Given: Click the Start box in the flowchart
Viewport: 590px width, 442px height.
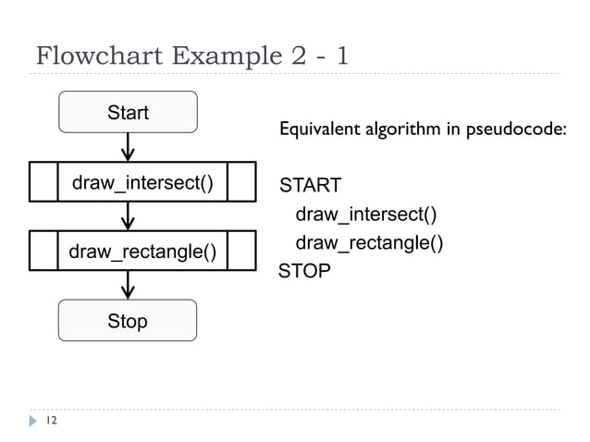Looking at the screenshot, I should coord(128,113).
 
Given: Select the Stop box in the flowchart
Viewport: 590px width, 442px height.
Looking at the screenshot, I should coord(128,321).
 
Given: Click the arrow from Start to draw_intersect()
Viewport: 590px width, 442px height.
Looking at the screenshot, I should coord(128,146).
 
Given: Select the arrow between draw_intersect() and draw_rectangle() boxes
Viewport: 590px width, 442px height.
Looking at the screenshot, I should coord(128,216).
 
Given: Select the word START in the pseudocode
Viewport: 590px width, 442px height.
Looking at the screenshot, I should coord(311,186).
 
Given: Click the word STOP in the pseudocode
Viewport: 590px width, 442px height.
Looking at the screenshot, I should coord(304,272).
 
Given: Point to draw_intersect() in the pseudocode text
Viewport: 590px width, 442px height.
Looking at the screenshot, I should coord(365,215).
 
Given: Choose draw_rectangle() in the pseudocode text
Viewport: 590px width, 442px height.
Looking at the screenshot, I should coord(368,243).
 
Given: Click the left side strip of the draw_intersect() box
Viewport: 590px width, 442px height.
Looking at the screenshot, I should coord(43,182).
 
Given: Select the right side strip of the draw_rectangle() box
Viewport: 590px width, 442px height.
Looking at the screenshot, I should coord(240,251).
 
